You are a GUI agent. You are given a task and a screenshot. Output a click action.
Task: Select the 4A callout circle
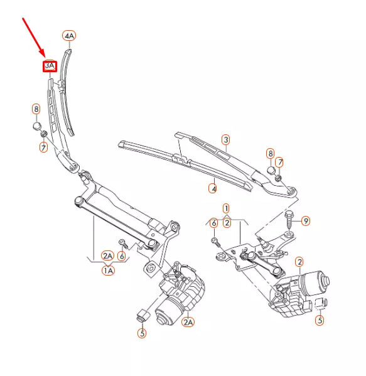(69, 36)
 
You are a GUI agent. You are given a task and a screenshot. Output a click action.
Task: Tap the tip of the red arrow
(45, 56)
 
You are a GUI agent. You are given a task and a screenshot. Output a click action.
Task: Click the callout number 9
(306, 220)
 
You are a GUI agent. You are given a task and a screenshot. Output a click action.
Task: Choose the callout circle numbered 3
(225, 139)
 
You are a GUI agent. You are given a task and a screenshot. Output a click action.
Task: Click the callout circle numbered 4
(213, 187)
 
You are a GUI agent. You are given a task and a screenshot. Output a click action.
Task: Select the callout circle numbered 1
(226, 208)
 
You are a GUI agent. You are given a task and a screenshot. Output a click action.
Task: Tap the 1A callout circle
(109, 271)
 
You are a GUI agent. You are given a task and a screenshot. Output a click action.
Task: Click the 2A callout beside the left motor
(188, 322)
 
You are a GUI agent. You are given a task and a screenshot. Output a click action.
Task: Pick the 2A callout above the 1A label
(108, 255)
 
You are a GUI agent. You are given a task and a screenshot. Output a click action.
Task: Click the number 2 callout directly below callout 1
(227, 222)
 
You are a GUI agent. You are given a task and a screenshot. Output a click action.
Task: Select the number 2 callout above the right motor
(299, 262)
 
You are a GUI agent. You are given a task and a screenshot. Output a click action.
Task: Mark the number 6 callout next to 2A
(122, 255)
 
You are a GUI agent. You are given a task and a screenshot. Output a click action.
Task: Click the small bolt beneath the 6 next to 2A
(123, 244)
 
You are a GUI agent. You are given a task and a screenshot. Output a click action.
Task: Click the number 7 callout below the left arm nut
(43, 148)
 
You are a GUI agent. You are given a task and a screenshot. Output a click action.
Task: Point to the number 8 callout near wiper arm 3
(270, 153)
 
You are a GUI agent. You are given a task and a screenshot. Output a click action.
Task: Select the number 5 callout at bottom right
(320, 320)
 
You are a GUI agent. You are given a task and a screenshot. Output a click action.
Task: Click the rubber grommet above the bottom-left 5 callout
(142, 314)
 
